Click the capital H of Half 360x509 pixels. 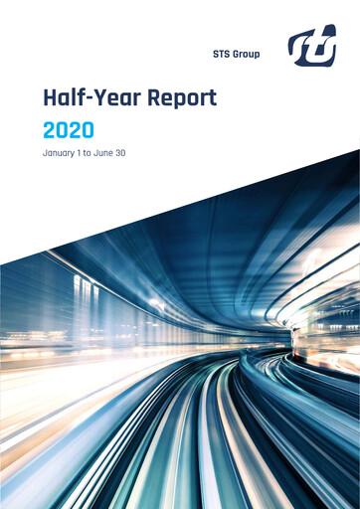(x=50, y=98)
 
